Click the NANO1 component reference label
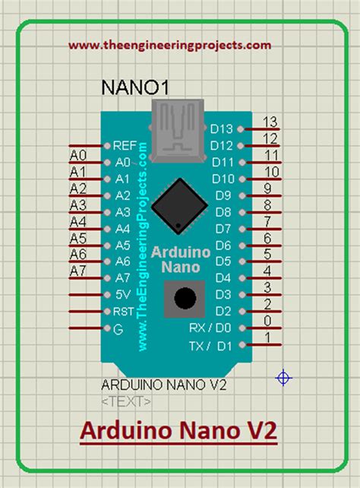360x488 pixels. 134,88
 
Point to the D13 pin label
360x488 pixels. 222,129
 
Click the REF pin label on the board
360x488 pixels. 125,145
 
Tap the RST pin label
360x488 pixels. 124,312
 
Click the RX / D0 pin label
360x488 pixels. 214,328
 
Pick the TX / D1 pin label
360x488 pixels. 215,346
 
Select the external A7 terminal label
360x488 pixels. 78,271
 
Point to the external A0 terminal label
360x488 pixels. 78,155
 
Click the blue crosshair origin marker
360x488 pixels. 284,378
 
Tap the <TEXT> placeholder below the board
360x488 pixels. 126,401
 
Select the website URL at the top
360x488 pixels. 169,45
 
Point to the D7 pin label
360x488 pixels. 223,229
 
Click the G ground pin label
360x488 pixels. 117,328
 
